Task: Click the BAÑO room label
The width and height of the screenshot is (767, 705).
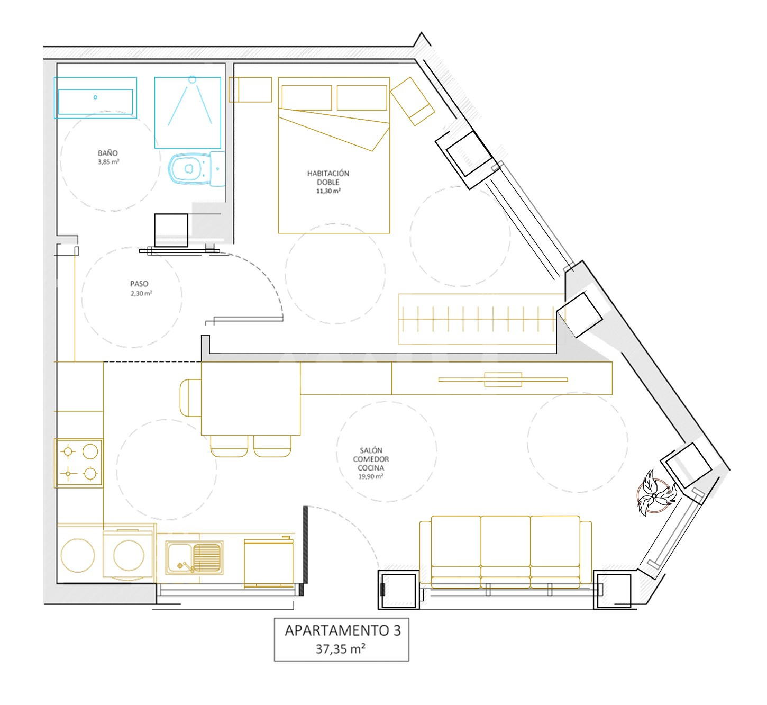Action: [x=108, y=153]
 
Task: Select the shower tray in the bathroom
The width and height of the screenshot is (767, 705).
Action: [x=188, y=113]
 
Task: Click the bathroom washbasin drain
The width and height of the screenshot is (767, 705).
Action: [x=96, y=97]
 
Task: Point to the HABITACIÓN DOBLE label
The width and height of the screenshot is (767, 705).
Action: [x=328, y=178]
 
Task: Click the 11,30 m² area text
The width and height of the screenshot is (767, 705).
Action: [x=328, y=191]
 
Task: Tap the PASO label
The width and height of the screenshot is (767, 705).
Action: [x=139, y=284]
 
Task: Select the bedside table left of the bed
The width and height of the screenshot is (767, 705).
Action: [x=250, y=89]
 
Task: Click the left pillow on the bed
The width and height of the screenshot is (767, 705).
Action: [x=307, y=97]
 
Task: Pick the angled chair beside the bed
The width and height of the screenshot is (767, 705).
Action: [x=412, y=101]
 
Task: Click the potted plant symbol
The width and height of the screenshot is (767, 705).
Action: [x=654, y=495]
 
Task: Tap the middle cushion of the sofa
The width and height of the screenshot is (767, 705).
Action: [x=506, y=552]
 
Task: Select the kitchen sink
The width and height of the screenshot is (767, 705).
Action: [x=194, y=558]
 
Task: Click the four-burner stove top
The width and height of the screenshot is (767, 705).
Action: [x=79, y=463]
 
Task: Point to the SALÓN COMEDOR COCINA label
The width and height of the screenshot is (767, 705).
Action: [x=371, y=459]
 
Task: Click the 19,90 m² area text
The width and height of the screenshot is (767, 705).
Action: [x=370, y=476]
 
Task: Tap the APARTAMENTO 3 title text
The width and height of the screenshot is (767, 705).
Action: [x=343, y=630]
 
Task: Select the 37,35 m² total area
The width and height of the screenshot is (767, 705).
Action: [x=340, y=649]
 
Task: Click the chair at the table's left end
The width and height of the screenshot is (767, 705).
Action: [x=190, y=398]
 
